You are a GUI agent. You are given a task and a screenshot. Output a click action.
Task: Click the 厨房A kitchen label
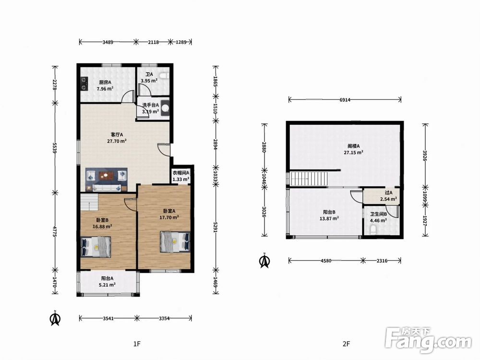click(105, 82)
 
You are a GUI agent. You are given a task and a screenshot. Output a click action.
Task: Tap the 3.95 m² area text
click(149, 81)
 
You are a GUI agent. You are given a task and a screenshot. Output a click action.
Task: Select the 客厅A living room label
click(117, 134)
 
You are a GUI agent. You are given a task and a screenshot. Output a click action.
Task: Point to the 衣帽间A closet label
click(181, 173)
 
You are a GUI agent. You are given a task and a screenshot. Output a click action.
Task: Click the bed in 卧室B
click(96, 247)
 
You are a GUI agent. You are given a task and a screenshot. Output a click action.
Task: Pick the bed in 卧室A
click(175, 242)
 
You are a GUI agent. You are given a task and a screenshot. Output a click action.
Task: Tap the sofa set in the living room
click(106, 180)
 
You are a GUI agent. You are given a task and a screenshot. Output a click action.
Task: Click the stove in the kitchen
click(84, 84)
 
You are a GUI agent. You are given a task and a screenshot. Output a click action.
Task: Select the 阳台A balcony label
click(108, 278)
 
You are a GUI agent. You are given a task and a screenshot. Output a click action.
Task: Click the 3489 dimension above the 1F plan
click(108, 42)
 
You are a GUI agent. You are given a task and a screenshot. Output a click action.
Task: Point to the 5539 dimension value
click(55, 148)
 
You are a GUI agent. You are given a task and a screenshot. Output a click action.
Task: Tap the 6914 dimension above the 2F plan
click(344, 99)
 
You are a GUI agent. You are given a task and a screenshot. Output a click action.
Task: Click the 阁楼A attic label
click(354, 146)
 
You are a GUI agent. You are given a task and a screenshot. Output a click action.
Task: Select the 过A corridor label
click(388, 192)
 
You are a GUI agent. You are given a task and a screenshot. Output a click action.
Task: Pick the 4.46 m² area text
click(378, 220)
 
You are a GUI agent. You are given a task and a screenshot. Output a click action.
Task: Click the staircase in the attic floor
click(309, 179)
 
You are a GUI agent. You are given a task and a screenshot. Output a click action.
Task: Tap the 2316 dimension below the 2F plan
click(382, 261)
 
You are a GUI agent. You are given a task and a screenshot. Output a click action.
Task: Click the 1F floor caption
click(137, 344)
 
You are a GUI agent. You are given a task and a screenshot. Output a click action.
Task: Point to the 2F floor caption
click(346, 344)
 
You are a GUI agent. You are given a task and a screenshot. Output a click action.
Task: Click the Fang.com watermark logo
click(428, 339)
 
